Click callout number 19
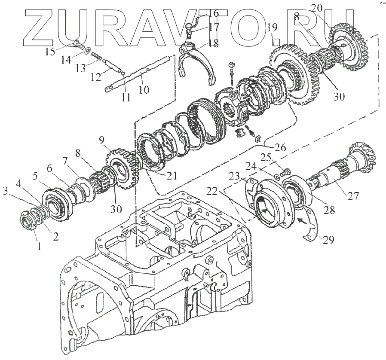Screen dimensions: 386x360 point(272,29)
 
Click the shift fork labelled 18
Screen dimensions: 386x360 point(196,64)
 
